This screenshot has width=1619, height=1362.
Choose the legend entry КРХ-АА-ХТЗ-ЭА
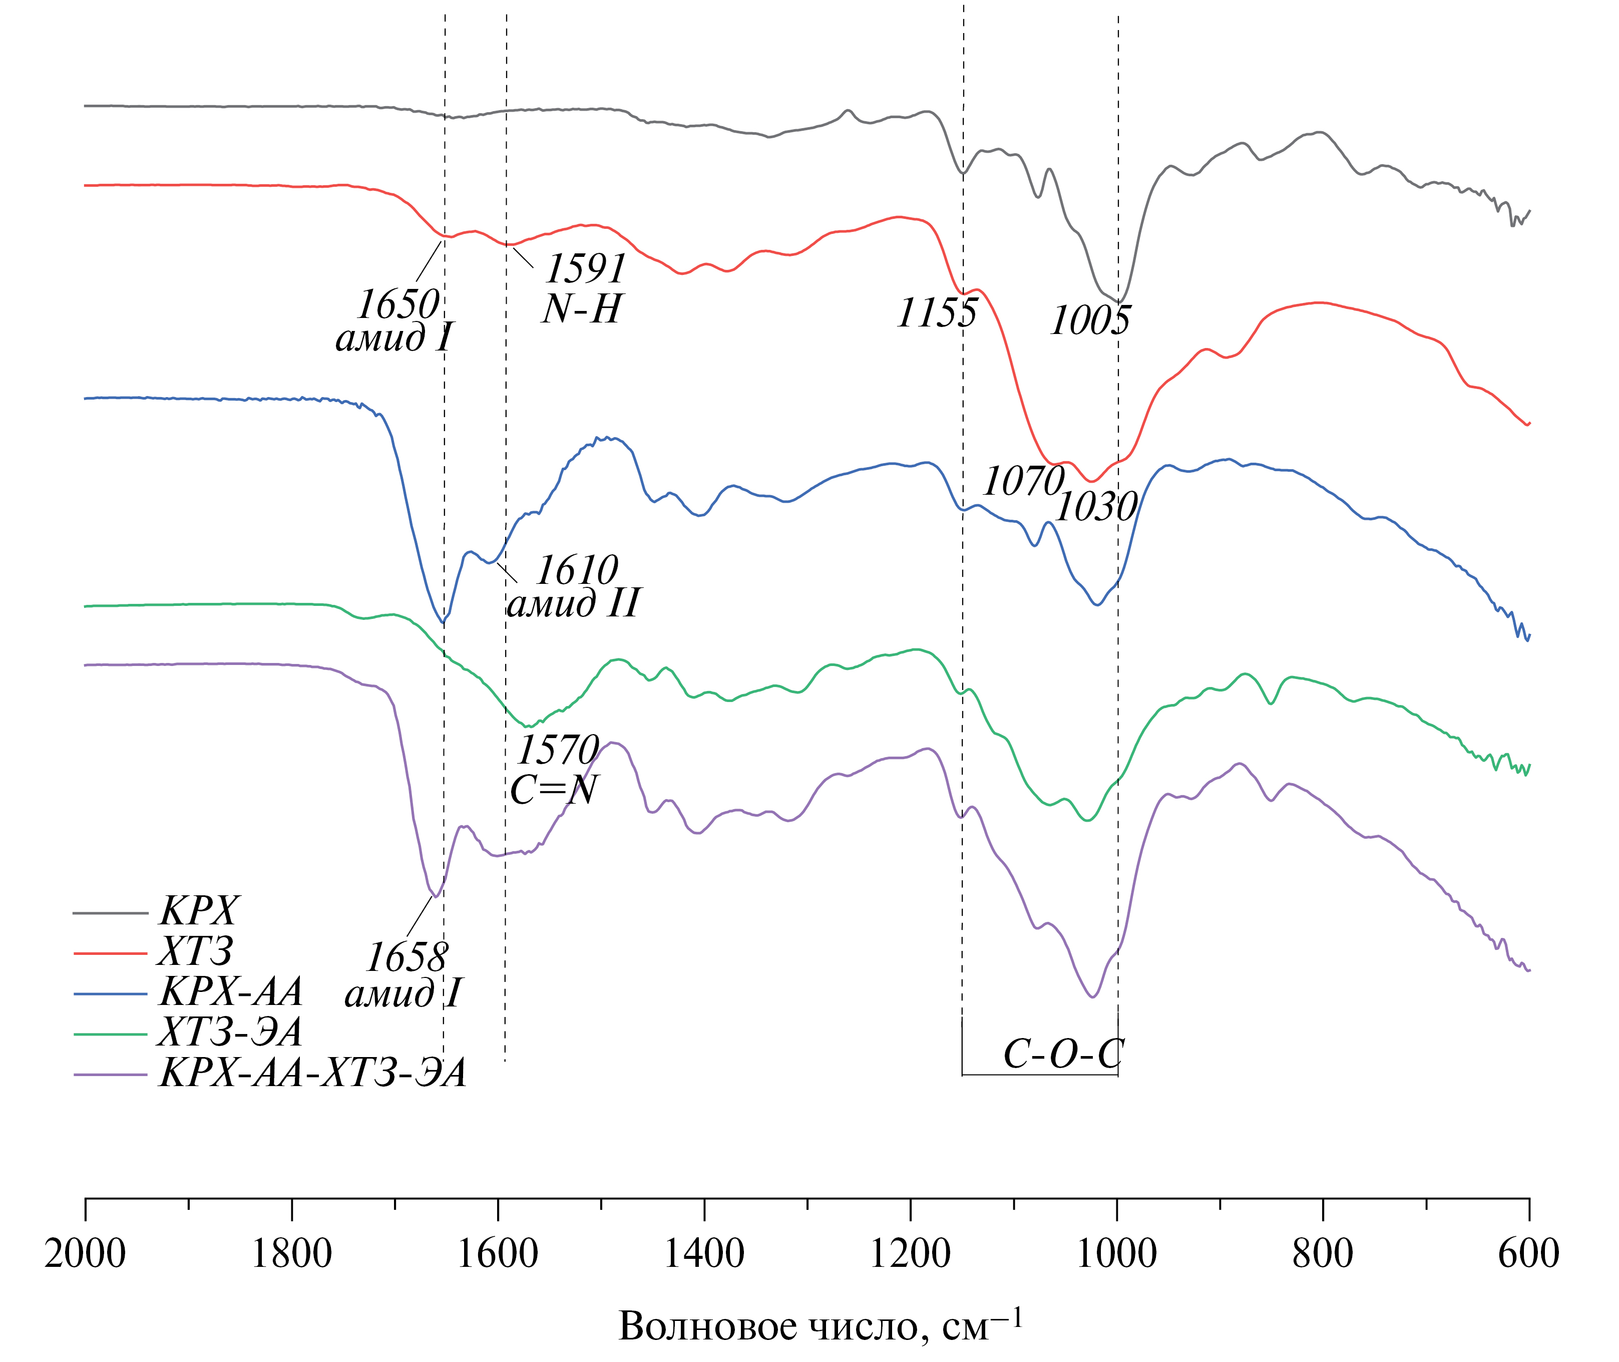[x=313, y=1073]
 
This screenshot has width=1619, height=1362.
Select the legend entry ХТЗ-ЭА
[x=230, y=1033]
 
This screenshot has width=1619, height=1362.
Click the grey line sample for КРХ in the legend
[x=111, y=913]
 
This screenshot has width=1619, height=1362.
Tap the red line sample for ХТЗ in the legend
[x=111, y=953]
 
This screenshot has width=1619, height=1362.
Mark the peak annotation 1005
[x=1090, y=319]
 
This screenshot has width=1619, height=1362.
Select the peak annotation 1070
[x=1024, y=482]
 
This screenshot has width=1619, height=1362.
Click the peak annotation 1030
[x=1096, y=507]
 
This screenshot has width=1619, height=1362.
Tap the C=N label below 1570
[x=554, y=789]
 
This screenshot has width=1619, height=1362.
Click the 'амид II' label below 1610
[x=573, y=603]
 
